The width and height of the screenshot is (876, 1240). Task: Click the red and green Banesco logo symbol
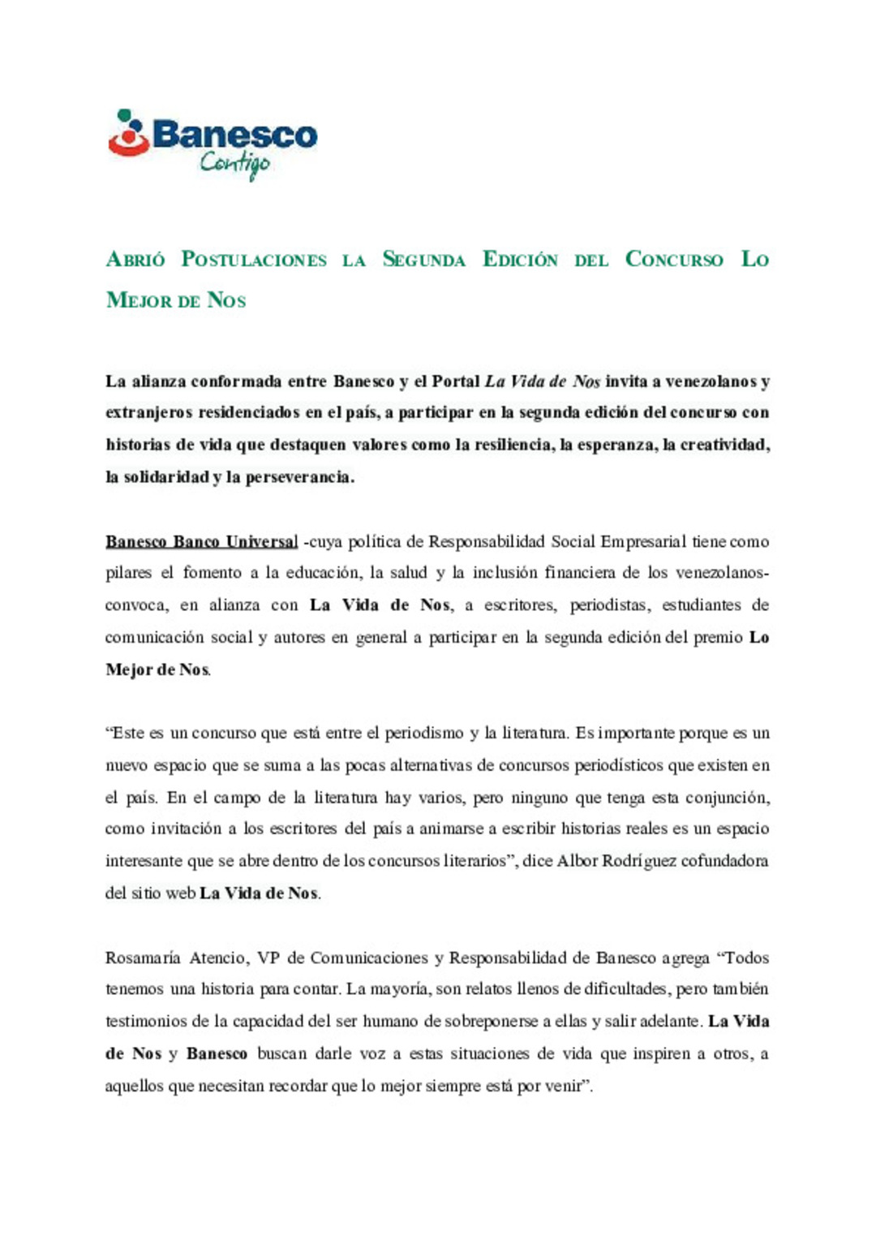pyautogui.click(x=128, y=133)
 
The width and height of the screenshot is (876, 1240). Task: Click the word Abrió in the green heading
pyautogui.click(x=135, y=260)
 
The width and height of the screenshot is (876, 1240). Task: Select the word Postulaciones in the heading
pyautogui.click(x=253, y=260)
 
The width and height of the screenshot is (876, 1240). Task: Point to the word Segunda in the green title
pyautogui.click(x=423, y=260)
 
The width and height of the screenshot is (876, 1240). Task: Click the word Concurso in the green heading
pyautogui.click(x=673, y=260)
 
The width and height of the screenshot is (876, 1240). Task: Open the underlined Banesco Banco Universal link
pyautogui.click(x=201, y=542)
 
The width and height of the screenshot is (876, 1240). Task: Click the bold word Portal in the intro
pyautogui.click(x=456, y=381)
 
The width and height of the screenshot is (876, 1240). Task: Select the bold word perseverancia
pyautogui.click(x=299, y=477)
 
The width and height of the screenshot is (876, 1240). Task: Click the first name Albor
pyautogui.click(x=577, y=861)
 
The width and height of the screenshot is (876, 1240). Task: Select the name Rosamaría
pyautogui.click(x=143, y=958)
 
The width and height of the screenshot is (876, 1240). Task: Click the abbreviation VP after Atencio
pyautogui.click(x=268, y=958)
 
